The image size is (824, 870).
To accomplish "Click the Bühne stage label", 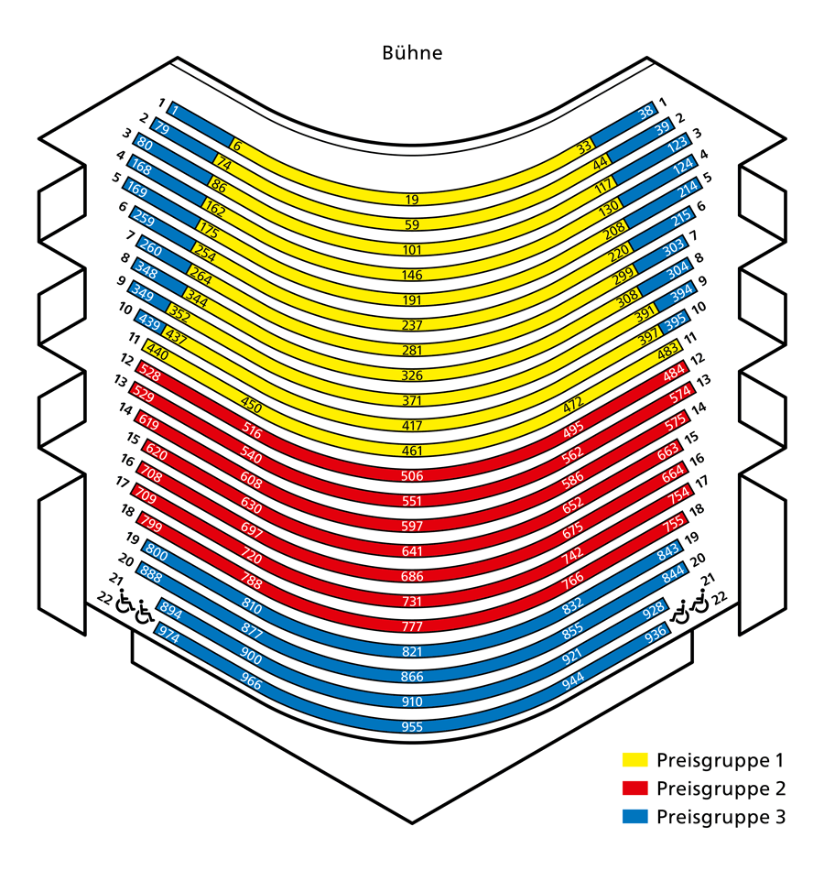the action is [412, 53].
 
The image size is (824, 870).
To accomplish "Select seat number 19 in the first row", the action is [412, 200].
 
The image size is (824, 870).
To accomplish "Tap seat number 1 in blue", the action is [175, 110].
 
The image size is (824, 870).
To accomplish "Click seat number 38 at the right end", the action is [645, 113].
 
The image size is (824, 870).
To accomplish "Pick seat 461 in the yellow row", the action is [412, 451].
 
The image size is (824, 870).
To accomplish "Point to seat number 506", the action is [412, 476].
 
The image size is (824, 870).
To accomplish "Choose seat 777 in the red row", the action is [412, 626].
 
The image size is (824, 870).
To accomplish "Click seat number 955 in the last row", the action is [412, 727].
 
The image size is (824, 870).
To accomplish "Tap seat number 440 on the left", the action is [157, 352].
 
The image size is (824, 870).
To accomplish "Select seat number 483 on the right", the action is [667, 350].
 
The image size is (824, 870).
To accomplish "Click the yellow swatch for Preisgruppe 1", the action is [634, 759].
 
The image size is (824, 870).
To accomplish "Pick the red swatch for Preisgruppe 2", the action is [634, 788].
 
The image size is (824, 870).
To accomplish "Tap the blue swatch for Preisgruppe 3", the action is [634, 816].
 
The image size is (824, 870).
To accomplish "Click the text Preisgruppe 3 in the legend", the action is [721, 817].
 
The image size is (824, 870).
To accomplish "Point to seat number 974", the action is [169, 635].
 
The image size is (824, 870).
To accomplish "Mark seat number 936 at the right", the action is [656, 635].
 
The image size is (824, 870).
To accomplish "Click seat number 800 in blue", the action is [157, 552].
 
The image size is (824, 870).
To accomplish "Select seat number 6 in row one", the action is [237, 146].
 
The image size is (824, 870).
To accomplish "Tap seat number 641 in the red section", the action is [412, 551].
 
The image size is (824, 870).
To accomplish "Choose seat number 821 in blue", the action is [412, 651].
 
